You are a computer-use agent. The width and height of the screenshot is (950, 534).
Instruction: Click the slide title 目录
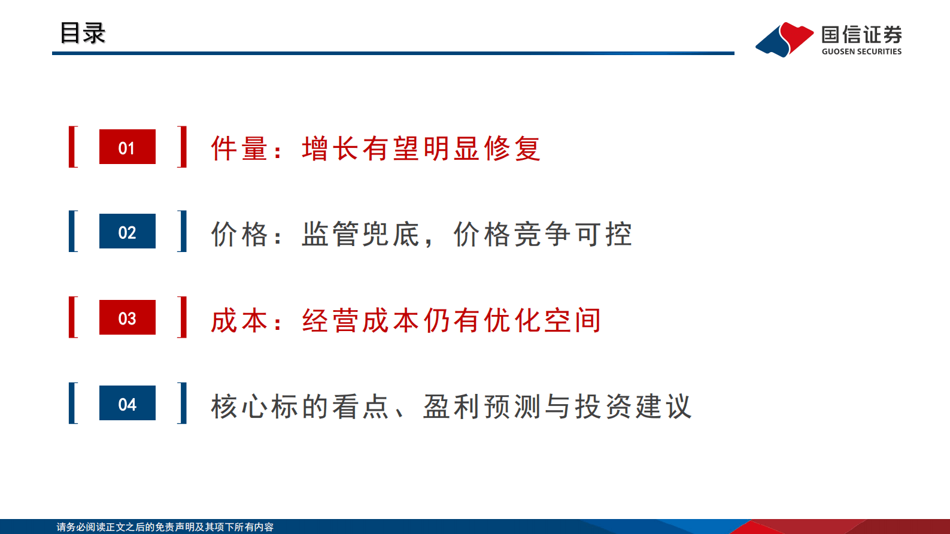click(83, 33)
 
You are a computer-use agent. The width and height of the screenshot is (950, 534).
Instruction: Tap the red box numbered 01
click(127, 147)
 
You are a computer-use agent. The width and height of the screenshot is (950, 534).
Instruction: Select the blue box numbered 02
click(127, 231)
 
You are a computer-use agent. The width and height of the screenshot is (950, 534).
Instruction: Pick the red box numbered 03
click(127, 317)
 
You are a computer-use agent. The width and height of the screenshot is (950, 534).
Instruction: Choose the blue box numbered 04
click(127, 403)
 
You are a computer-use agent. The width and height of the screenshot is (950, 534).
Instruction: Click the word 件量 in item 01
click(239, 148)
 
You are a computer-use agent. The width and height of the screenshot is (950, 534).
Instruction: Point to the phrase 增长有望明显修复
click(421, 148)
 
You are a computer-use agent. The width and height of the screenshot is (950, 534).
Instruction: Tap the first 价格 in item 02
click(239, 234)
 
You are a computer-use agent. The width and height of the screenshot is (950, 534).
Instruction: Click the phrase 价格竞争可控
click(542, 234)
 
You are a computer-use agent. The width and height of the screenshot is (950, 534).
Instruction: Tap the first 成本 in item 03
click(239, 320)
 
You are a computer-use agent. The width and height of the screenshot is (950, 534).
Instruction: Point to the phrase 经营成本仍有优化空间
click(451, 320)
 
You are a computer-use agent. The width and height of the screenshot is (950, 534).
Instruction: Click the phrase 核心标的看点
click(300, 406)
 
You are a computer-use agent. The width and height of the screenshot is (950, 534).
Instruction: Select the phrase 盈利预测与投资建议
click(557, 406)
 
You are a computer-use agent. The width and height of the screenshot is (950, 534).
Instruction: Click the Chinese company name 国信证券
click(861, 35)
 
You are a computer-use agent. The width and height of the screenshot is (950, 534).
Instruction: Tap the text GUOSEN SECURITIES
click(861, 51)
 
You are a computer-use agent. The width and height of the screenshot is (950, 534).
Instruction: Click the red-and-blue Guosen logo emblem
click(784, 40)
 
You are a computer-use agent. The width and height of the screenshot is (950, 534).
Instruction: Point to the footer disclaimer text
click(165, 527)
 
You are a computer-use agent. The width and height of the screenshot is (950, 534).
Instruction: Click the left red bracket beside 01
click(73, 147)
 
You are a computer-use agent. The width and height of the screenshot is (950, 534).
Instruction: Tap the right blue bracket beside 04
click(183, 403)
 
